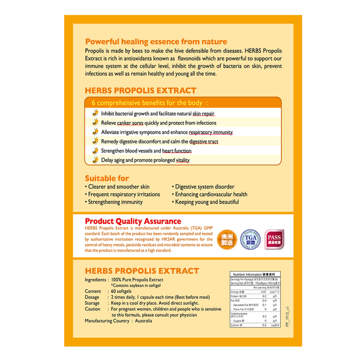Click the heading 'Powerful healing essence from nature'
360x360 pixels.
156,41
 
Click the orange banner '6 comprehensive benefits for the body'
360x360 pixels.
152,103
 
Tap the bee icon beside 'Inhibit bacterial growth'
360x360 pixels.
95,113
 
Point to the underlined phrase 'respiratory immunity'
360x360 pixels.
211,132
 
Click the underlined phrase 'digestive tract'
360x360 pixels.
203,142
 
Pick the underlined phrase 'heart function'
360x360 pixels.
177,151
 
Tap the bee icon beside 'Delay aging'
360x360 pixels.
95,160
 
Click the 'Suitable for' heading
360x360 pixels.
107,178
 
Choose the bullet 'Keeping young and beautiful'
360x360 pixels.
208,202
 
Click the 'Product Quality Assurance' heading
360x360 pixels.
133,221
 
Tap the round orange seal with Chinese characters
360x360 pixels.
226,238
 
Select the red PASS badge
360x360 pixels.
274,238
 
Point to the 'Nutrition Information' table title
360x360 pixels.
253,274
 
